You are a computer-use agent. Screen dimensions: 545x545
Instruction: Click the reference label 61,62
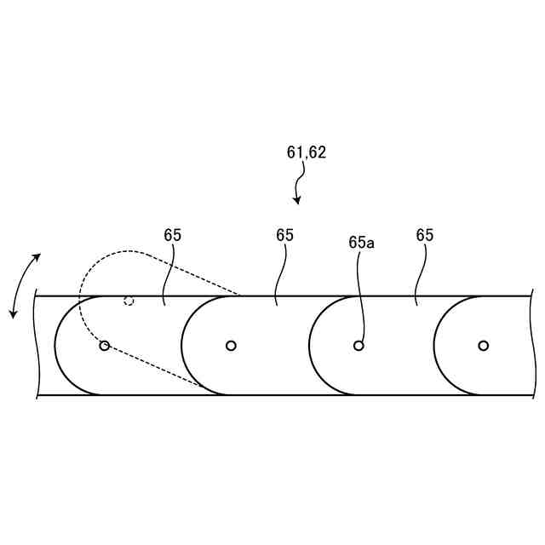pyautogui.click(x=307, y=153)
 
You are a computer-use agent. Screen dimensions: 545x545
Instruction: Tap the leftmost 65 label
pyautogui.click(x=173, y=235)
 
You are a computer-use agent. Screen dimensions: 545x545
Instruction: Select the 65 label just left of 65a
pyautogui.click(x=284, y=235)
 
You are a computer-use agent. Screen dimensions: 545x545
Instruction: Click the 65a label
pyautogui.click(x=361, y=243)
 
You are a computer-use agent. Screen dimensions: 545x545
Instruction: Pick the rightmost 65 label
pyautogui.click(x=425, y=235)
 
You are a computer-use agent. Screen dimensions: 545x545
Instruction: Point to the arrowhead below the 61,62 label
pyautogui.click(x=297, y=200)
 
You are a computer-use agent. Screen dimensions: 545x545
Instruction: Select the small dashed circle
pyautogui.click(x=129, y=300)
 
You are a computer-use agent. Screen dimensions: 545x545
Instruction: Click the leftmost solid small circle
pyautogui.click(x=105, y=346)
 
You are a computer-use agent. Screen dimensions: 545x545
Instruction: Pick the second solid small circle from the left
pyautogui.click(x=231, y=346)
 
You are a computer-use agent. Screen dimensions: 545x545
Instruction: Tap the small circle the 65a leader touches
pyautogui.click(x=359, y=346)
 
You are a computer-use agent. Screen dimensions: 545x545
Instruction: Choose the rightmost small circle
pyautogui.click(x=484, y=346)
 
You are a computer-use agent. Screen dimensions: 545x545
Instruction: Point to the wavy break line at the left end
pyautogui.click(x=37, y=345)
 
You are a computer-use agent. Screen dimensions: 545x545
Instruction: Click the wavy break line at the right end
pyautogui.click(x=533, y=345)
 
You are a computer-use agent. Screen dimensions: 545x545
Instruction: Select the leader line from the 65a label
pyautogui.click(x=363, y=294)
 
